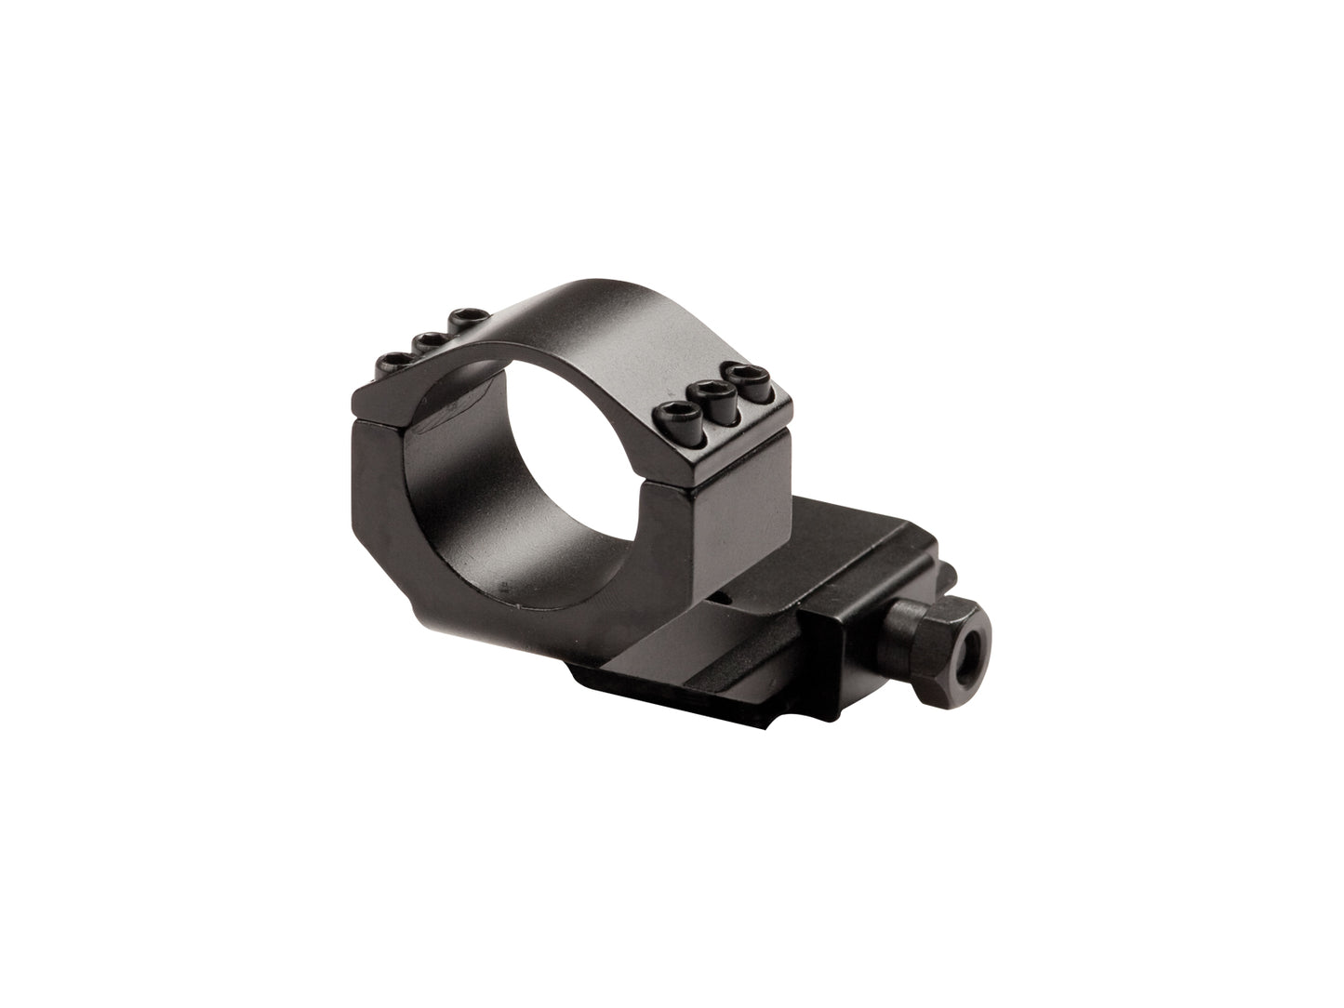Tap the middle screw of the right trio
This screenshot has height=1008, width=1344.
click(x=709, y=392)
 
